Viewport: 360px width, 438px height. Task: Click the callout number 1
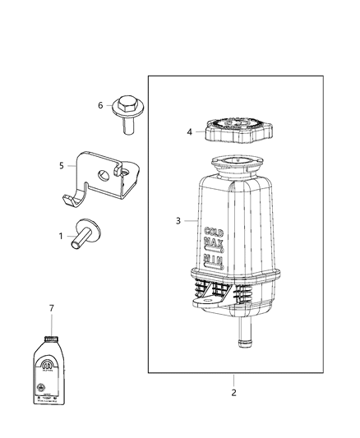60,235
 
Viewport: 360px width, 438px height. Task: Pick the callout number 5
61,165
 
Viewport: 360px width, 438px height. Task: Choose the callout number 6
100,105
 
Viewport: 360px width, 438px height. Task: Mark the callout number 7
51,308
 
